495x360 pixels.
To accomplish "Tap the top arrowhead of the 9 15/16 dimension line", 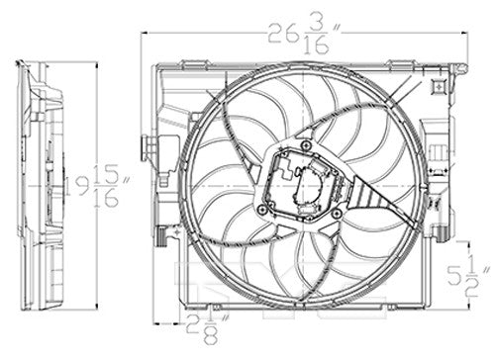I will (x=96, y=63).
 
